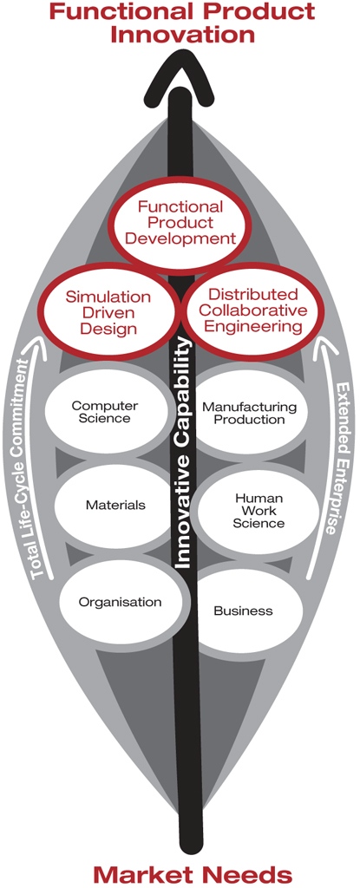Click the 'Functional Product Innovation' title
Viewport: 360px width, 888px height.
click(181, 23)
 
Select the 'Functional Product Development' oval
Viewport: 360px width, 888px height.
click(180, 223)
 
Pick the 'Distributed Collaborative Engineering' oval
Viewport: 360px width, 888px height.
click(252, 310)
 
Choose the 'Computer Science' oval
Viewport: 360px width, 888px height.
click(106, 412)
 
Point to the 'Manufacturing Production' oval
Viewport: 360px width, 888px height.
click(250, 413)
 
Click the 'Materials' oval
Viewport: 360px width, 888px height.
click(115, 504)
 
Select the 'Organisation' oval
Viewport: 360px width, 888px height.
click(121, 602)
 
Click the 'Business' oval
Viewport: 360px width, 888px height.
click(244, 610)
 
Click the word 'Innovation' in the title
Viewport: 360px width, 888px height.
click(182, 34)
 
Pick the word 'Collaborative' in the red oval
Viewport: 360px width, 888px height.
click(256, 310)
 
